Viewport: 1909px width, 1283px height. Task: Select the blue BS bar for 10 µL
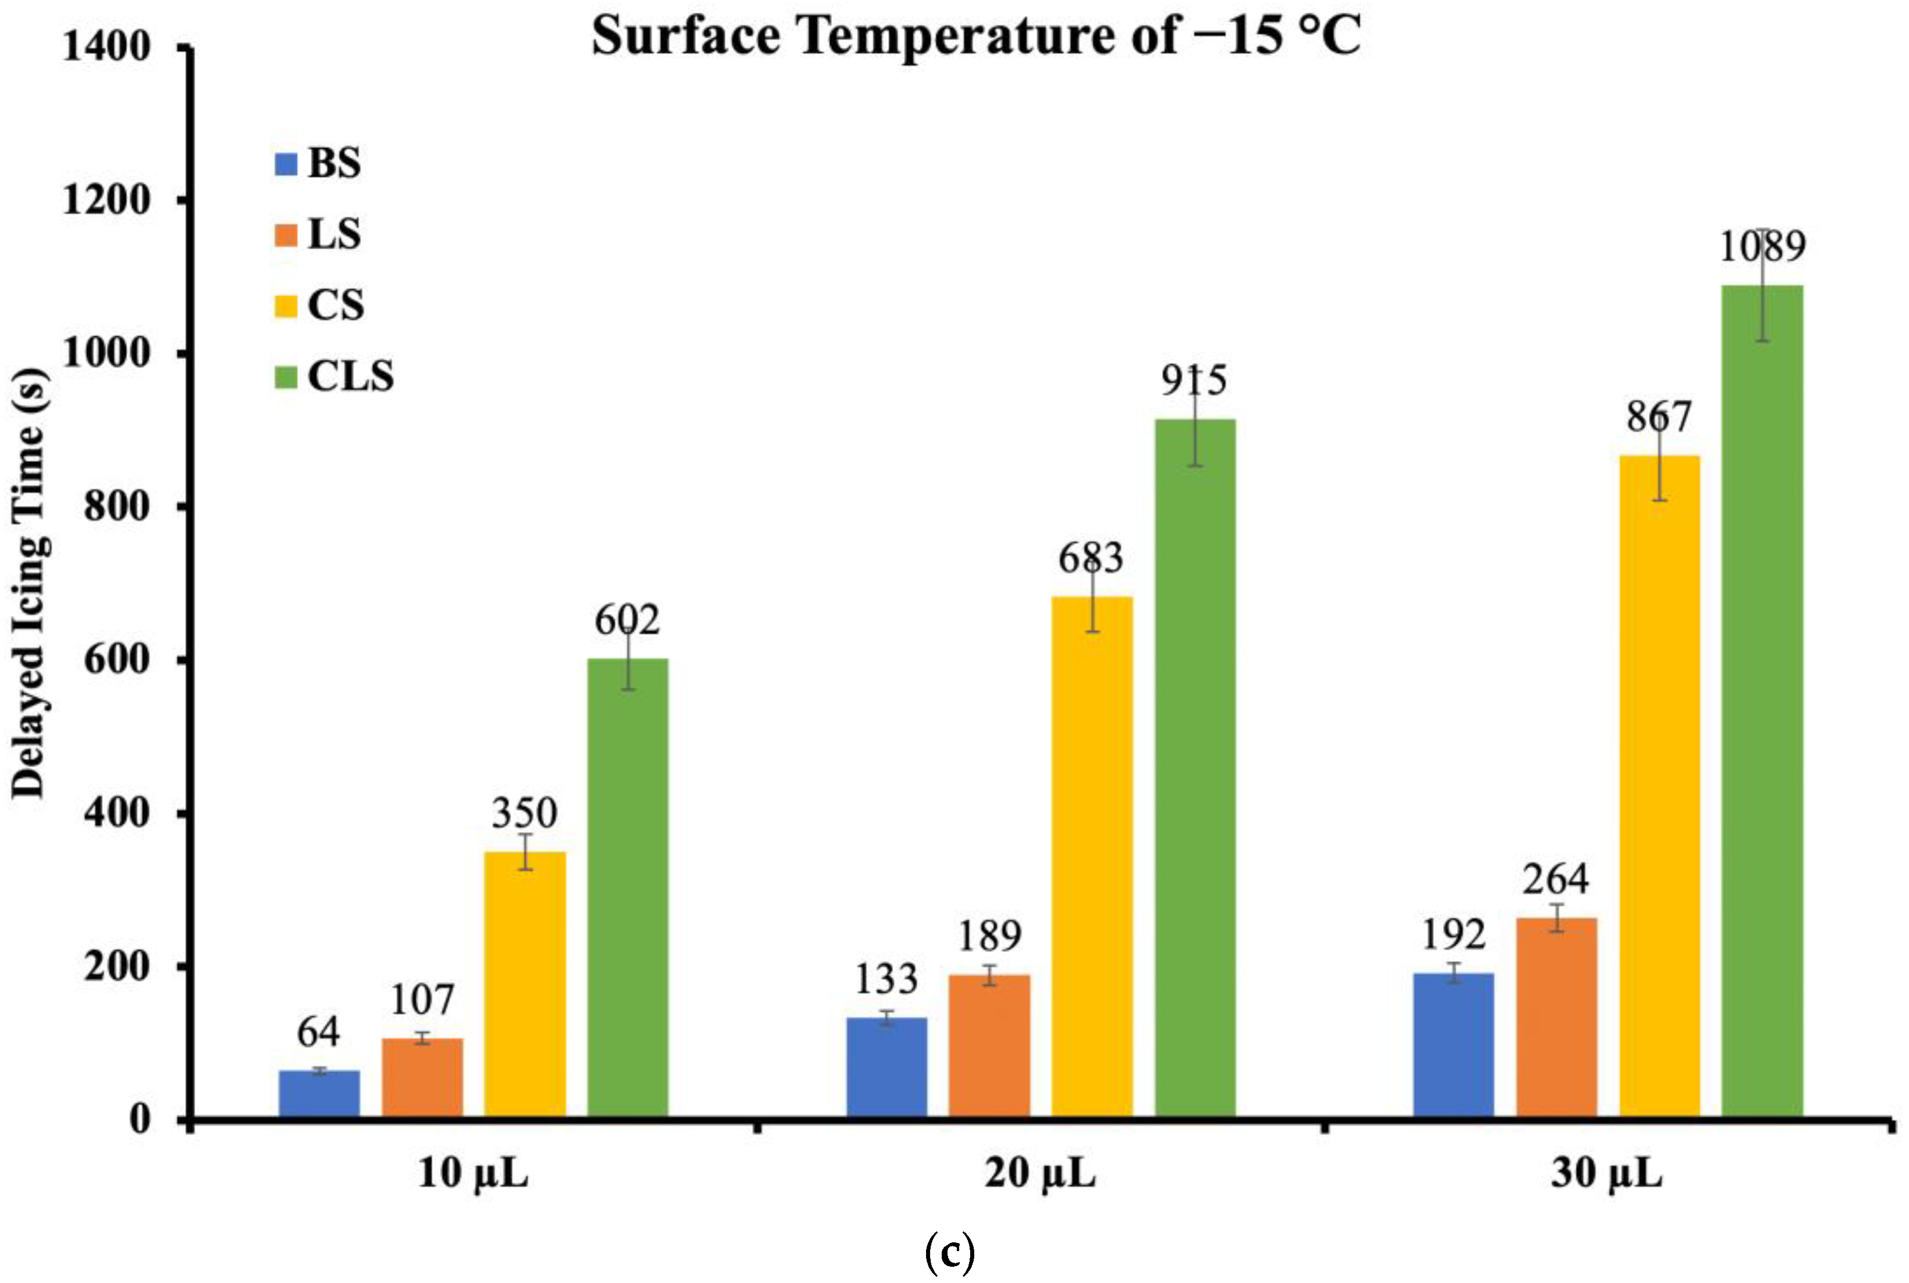coord(319,1093)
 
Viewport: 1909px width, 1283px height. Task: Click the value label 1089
coord(1761,246)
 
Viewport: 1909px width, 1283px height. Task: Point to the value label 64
coord(318,1032)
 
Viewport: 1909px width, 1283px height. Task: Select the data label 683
coord(1091,559)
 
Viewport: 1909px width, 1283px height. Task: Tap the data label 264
coord(1556,879)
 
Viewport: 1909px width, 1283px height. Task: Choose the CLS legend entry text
coord(350,376)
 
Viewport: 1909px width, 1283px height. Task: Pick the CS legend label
coord(335,305)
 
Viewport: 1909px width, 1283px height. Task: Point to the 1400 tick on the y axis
coord(106,46)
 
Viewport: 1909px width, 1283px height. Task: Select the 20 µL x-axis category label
coord(1039,1174)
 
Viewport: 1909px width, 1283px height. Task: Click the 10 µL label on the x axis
coord(473,1174)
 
